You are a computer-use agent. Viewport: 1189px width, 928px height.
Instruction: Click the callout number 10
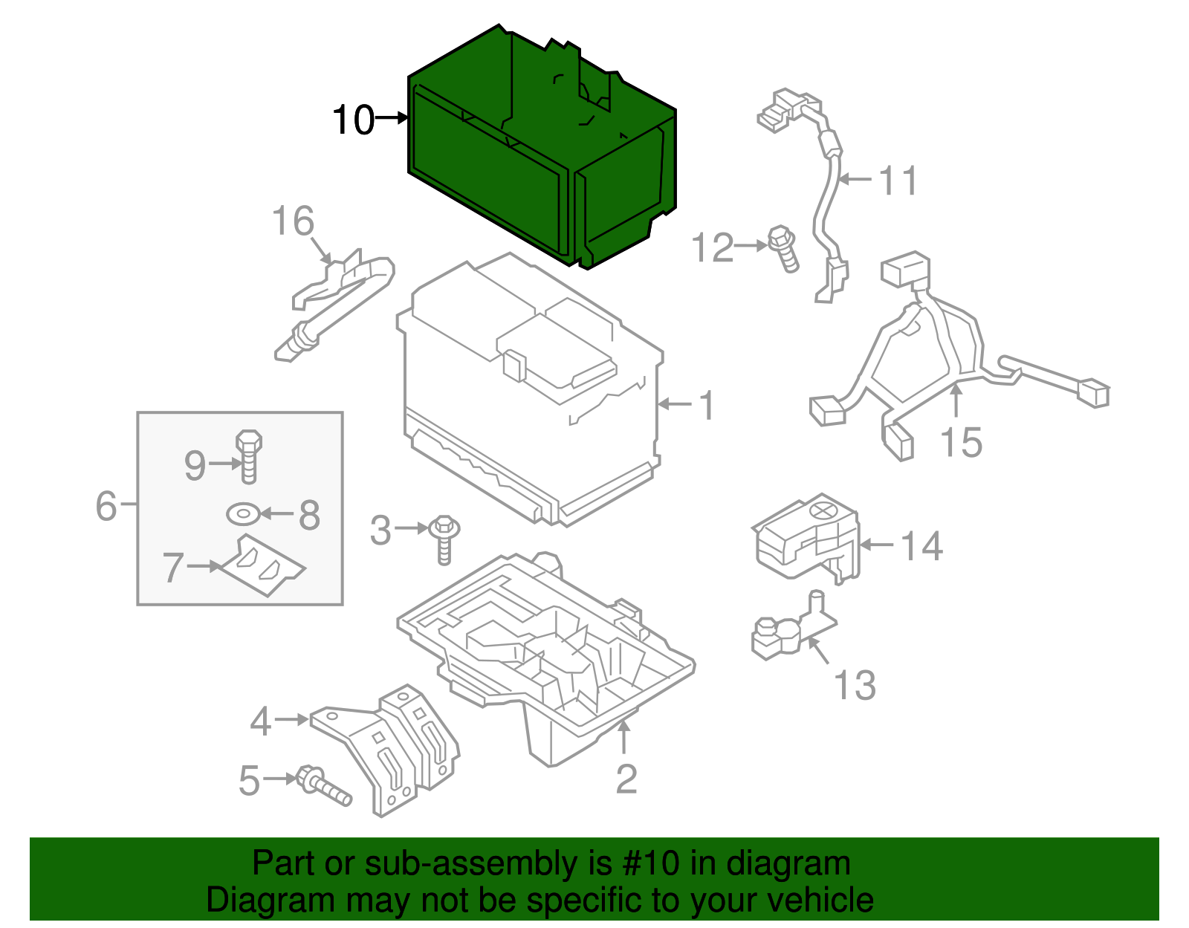352,120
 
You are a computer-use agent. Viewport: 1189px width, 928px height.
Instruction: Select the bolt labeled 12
784,248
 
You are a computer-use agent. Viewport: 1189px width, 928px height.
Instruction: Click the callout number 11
898,181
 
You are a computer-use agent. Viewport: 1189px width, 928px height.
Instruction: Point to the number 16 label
293,221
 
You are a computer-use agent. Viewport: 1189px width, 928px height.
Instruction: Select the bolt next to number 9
249,455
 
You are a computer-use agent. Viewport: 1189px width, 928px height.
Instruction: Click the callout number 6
106,505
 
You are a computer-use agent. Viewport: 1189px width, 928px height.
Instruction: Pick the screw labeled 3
444,539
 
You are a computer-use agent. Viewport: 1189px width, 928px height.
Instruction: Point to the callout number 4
260,721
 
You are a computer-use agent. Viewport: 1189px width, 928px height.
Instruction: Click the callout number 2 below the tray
626,779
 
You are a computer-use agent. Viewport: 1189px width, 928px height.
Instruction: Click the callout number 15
961,442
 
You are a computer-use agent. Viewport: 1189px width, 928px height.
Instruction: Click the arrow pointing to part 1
675,404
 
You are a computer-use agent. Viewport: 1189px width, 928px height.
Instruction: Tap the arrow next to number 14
877,545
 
